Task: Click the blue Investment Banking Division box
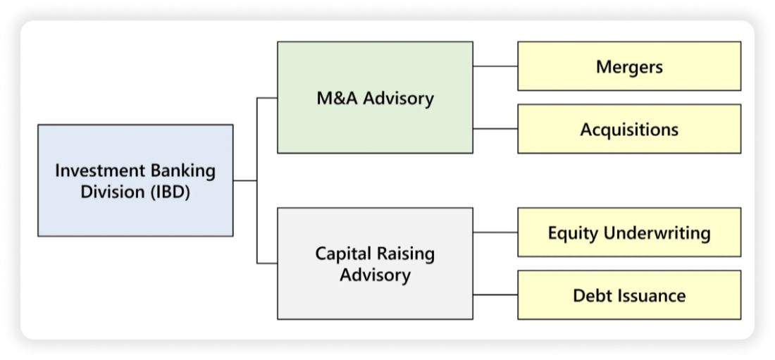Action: (x=135, y=180)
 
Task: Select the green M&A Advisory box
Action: (x=375, y=97)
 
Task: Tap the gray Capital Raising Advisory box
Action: (x=375, y=263)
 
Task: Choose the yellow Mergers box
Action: (x=629, y=66)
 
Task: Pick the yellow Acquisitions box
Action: (x=629, y=129)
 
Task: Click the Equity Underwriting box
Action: (x=629, y=232)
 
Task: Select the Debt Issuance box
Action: (x=629, y=294)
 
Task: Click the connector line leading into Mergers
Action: (x=495, y=66)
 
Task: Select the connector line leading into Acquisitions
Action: (x=495, y=129)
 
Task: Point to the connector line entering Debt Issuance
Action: (x=495, y=294)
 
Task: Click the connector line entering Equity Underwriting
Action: (x=495, y=232)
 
